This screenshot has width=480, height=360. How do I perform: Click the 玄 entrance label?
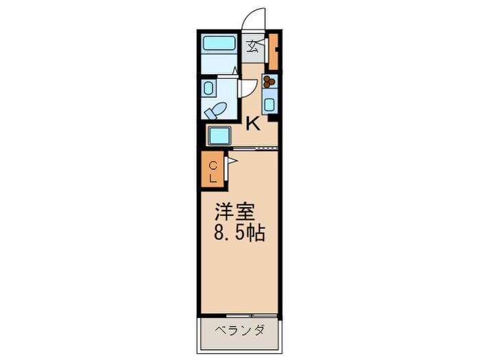tap(253, 47)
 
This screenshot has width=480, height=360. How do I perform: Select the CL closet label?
tap(213, 171)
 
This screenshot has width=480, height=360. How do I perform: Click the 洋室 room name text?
tap(232, 211)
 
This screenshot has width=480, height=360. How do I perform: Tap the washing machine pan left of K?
tap(219, 136)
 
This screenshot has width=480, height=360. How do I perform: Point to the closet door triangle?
tap(232, 162)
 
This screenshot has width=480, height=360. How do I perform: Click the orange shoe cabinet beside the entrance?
tap(274, 51)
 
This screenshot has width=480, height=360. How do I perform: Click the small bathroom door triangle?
tap(235, 70)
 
